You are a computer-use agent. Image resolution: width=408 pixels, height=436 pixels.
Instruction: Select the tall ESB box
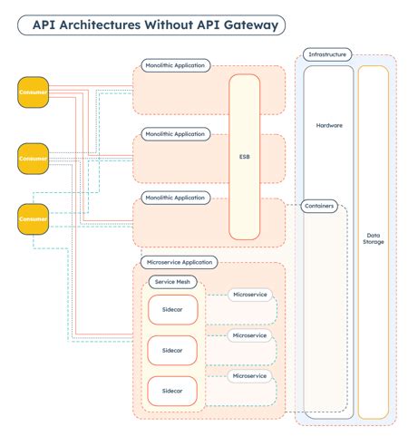pos(244,156)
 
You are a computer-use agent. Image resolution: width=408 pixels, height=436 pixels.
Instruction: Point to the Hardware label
pos(328,125)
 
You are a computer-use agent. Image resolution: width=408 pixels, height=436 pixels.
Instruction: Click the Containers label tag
pos(319,206)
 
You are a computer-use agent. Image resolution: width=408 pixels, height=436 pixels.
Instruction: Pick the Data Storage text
pos(373,238)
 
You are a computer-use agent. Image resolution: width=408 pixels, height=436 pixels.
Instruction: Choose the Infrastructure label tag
pos(328,54)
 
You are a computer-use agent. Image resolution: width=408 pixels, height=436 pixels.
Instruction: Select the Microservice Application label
pos(179,262)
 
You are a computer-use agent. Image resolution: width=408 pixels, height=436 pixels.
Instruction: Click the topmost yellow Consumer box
pos(34,92)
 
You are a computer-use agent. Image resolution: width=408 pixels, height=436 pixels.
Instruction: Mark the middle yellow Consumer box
pos(34,158)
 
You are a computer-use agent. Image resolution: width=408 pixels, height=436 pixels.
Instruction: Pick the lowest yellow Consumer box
pos(34,218)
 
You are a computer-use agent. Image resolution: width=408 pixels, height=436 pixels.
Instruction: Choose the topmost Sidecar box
pos(171,308)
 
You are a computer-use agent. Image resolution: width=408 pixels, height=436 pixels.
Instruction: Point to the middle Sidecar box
pos(171,349)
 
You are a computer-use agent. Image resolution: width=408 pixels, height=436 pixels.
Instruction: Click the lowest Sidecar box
pos(171,390)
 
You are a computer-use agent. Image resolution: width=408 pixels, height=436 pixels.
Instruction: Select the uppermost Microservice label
pos(249,295)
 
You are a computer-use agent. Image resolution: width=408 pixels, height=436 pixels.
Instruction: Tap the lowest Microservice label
pos(249,375)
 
